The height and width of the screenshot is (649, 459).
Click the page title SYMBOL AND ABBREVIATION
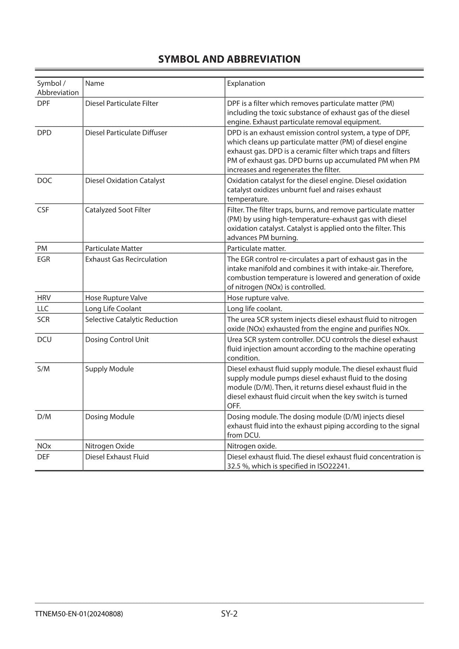tap(229, 59)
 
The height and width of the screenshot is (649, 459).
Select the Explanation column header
tap(246, 83)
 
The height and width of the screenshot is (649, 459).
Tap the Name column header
tap(95, 83)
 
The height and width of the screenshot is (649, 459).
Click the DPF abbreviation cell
tap(43, 103)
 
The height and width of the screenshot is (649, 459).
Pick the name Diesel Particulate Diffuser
tap(126, 132)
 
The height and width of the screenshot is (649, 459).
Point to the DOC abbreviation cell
tap(44, 180)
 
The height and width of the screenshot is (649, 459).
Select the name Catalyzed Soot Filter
tap(118, 210)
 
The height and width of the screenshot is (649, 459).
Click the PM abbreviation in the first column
tap(42, 248)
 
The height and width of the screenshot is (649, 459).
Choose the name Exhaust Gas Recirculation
tap(126, 259)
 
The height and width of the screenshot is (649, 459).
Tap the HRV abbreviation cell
tap(44, 297)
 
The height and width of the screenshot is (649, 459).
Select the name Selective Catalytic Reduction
tap(131, 319)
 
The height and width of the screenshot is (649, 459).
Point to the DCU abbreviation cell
tap(44, 339)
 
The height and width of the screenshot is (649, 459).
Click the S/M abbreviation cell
tap(43, 369)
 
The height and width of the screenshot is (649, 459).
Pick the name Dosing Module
tap(109, 417)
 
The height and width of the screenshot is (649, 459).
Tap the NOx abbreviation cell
tap(44, 446)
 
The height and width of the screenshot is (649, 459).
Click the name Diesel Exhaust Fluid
tap(117, 457)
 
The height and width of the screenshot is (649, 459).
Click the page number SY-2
tap(229, 614)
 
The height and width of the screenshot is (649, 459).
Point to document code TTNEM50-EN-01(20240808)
tap(79, 614)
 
